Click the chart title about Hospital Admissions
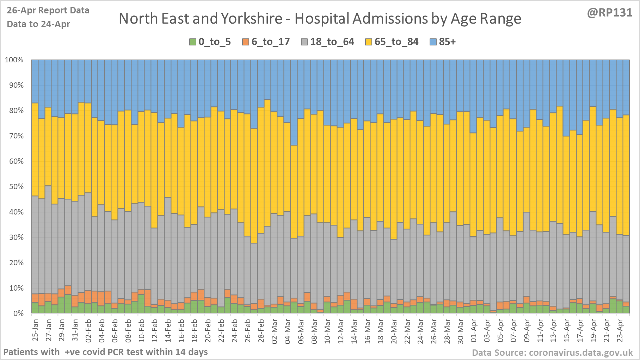[x=320, y=19]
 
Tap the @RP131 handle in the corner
[x=610, y=13]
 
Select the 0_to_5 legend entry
[x=210, y=42]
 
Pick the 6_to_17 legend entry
[x=266, y=42]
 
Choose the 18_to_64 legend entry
[x=327, y=42]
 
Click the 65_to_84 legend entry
[x=392, y=42]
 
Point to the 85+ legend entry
[x=443, y=42]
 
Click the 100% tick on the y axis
[x=14, y=60]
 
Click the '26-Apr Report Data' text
[x=48, y=11]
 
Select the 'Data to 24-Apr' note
[x=38, y=24]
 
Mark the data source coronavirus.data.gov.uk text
[x=552, y=353]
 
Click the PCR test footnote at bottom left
[x=105, y=352]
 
